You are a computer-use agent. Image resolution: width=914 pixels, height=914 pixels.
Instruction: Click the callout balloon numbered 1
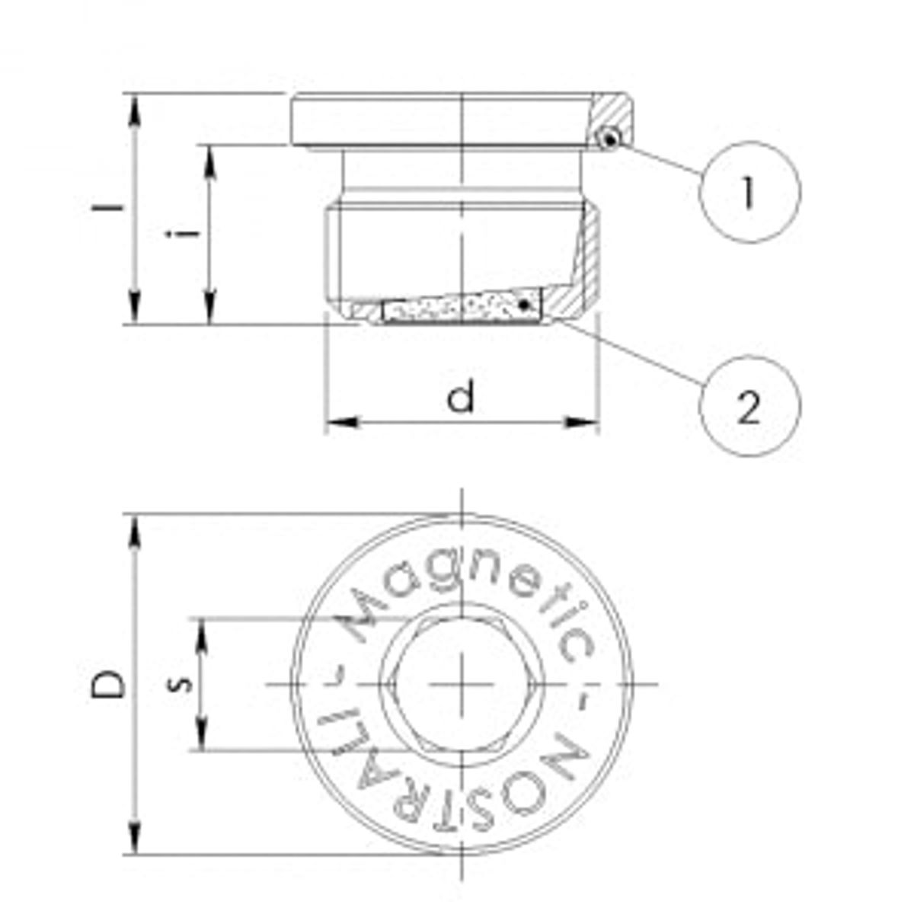coord(749,190)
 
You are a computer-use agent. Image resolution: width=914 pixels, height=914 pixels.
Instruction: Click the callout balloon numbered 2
coord(749,407)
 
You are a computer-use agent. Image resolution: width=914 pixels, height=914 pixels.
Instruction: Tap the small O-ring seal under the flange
coord(609,139)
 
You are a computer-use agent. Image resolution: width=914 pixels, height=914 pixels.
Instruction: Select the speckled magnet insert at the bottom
coord(461,308)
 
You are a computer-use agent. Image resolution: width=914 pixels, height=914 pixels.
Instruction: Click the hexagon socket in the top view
coord(463,684)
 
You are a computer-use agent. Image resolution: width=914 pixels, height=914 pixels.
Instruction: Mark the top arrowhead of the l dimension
coord(136,107)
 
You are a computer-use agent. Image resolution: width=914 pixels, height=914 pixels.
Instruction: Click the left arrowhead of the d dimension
coord(339,421)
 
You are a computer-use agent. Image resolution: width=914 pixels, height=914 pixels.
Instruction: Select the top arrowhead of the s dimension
coord(203,631)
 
